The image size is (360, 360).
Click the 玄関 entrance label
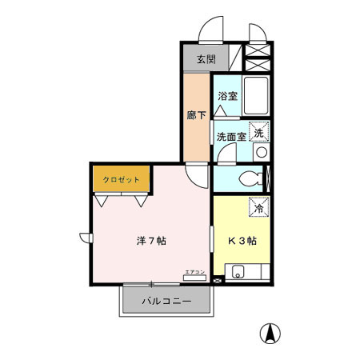(205, 60)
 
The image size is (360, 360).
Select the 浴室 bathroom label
(228, 96)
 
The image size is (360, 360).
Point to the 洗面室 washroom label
(232, 137)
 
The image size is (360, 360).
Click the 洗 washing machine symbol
(261, 131)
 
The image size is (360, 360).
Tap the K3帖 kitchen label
(242, 240)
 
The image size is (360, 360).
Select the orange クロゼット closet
(121, 180)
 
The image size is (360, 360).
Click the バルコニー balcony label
(167, 302)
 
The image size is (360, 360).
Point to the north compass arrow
(273, 333)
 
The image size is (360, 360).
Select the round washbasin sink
(261, 151)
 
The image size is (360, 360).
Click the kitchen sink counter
(247, 274)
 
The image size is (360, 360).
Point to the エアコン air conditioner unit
(195, 277)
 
